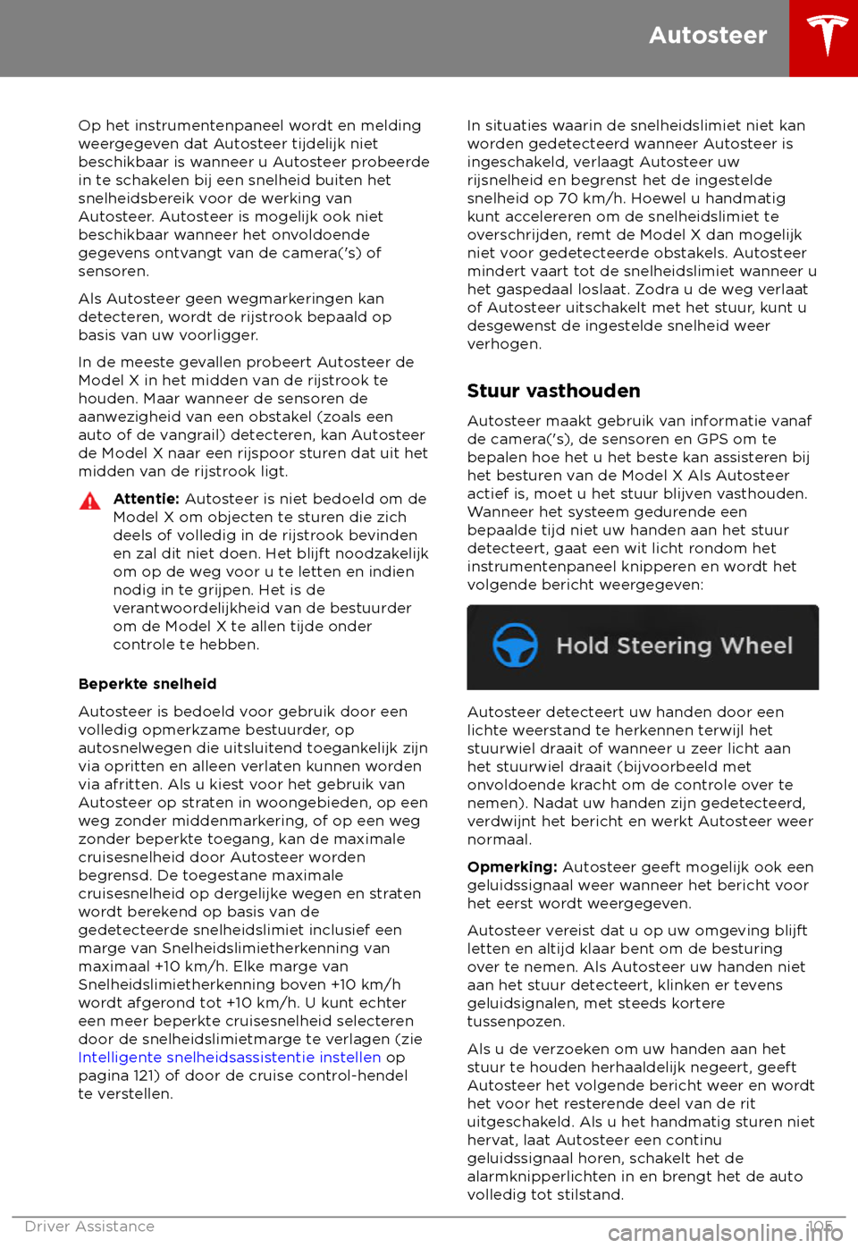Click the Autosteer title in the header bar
click(x=708, y=35)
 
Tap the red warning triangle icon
click(x=90, y=501)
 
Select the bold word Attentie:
click(x=147, y=499)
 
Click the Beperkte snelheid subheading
click(x=147, y=684)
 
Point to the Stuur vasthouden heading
click(x=553, y=391)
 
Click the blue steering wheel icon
click(x=516, y=645)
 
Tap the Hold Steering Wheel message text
click(x=674, y=645)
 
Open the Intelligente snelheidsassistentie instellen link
click(x=230, y=1057)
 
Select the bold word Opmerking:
click(x=512, y=867)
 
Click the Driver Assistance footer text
click(x=89, y=1227)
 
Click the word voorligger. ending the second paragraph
click(x=219, y=335)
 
